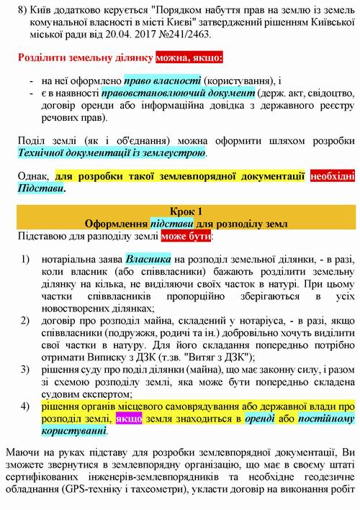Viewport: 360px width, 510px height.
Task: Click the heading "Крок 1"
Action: [186, 210]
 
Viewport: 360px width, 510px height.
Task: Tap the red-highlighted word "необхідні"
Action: [333, 177]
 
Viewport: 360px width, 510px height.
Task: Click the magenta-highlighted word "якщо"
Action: [129, 418]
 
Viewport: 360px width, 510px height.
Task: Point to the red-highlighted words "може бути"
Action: [186, 235]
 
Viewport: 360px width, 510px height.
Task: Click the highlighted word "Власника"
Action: [148, 260]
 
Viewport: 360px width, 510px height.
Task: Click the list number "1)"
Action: [25, 260]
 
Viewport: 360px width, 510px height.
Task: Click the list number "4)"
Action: [25, 405]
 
